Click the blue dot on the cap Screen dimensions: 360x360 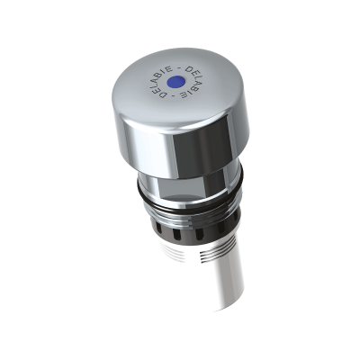175,81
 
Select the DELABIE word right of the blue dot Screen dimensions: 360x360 190,82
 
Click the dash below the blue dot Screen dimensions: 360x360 173,95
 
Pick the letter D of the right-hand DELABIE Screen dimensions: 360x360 189,69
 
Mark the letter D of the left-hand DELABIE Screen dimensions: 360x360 164,94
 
